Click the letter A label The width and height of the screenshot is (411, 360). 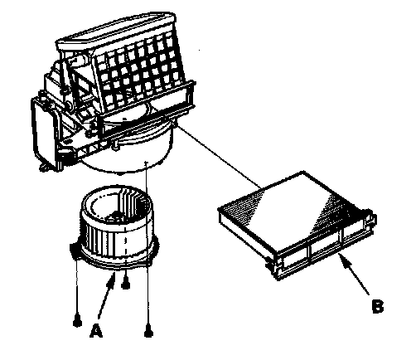coord(96,331)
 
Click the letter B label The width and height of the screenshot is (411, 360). coord(378,306)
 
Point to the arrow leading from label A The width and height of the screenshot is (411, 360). coord(107,295)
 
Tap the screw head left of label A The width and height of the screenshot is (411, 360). coord(77,322)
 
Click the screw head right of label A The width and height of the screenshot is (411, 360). coord(148,332)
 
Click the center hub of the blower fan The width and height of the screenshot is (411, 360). coord(118,215)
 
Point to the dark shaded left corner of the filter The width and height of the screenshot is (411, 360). coord(240,205)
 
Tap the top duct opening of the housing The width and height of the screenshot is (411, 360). coord(116,29)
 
